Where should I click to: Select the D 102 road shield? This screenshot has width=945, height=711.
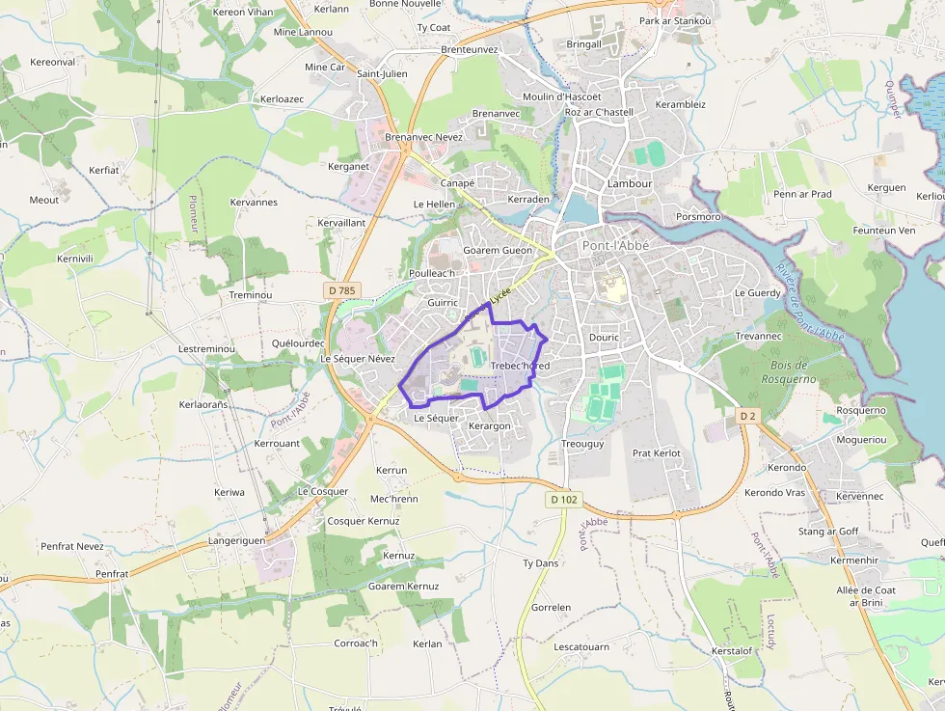564,499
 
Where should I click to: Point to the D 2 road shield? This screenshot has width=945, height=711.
746,415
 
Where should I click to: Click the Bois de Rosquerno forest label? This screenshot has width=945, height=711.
794,372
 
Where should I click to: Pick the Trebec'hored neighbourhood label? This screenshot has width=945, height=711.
520,366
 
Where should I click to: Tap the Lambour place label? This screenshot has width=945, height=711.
630,183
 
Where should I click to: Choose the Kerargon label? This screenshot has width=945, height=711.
489,425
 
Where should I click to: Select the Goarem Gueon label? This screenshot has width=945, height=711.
498,250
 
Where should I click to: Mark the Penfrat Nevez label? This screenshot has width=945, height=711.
72,546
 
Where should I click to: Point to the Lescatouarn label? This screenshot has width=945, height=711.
581,647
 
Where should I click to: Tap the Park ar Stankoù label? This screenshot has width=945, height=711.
675,20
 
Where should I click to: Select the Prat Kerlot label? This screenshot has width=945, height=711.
657,452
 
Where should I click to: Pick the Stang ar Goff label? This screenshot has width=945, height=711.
828,532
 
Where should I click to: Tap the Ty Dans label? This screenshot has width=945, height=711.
540,562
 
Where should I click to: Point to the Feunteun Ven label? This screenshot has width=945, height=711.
884,231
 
